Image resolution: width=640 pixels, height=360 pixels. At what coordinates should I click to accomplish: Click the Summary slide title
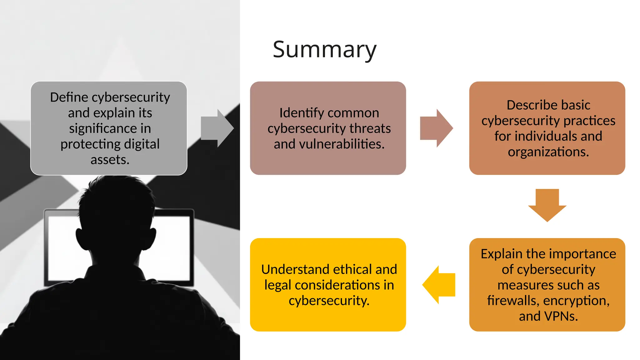click(324, 49)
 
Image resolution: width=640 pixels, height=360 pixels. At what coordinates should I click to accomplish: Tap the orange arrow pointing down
click(547, 205)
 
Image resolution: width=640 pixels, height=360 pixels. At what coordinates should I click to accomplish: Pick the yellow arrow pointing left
click(439, 285)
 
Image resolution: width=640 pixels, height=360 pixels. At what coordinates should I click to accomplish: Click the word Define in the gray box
click(69, 97)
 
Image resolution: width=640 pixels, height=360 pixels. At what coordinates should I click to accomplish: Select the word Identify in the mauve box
click(298, 113)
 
